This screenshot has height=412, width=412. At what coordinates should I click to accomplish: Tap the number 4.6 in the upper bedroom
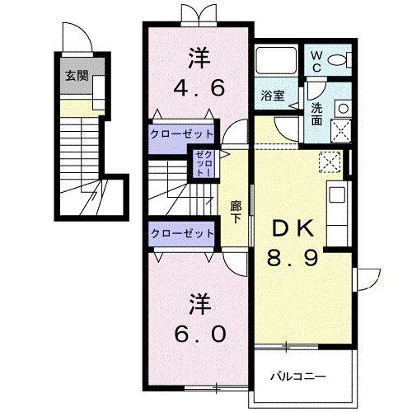point(198,87)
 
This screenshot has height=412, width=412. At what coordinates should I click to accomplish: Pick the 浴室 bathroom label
point(274,95)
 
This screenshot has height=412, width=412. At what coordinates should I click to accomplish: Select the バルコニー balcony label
point(298,377)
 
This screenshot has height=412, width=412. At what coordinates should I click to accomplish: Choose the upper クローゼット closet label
point(182,133)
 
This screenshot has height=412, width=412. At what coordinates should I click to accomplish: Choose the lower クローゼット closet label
point(182,234)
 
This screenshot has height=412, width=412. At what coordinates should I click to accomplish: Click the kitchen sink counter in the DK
point(337,207)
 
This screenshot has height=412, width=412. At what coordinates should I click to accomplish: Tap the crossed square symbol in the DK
point(328,162)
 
